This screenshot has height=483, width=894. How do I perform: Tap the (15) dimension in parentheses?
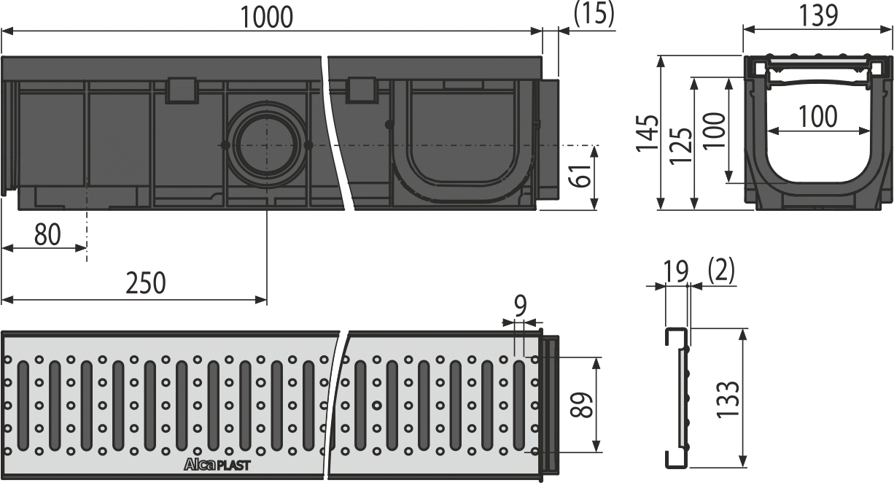click(x=594, y=14)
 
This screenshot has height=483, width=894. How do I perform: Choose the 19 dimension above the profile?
click(x=676, y=271)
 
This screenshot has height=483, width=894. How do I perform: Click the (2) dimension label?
click(x=720, y=271)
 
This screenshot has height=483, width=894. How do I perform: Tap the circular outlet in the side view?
click(x=265, y=146)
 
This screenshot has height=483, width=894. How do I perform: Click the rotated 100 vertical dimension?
click(x=715, y=130)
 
